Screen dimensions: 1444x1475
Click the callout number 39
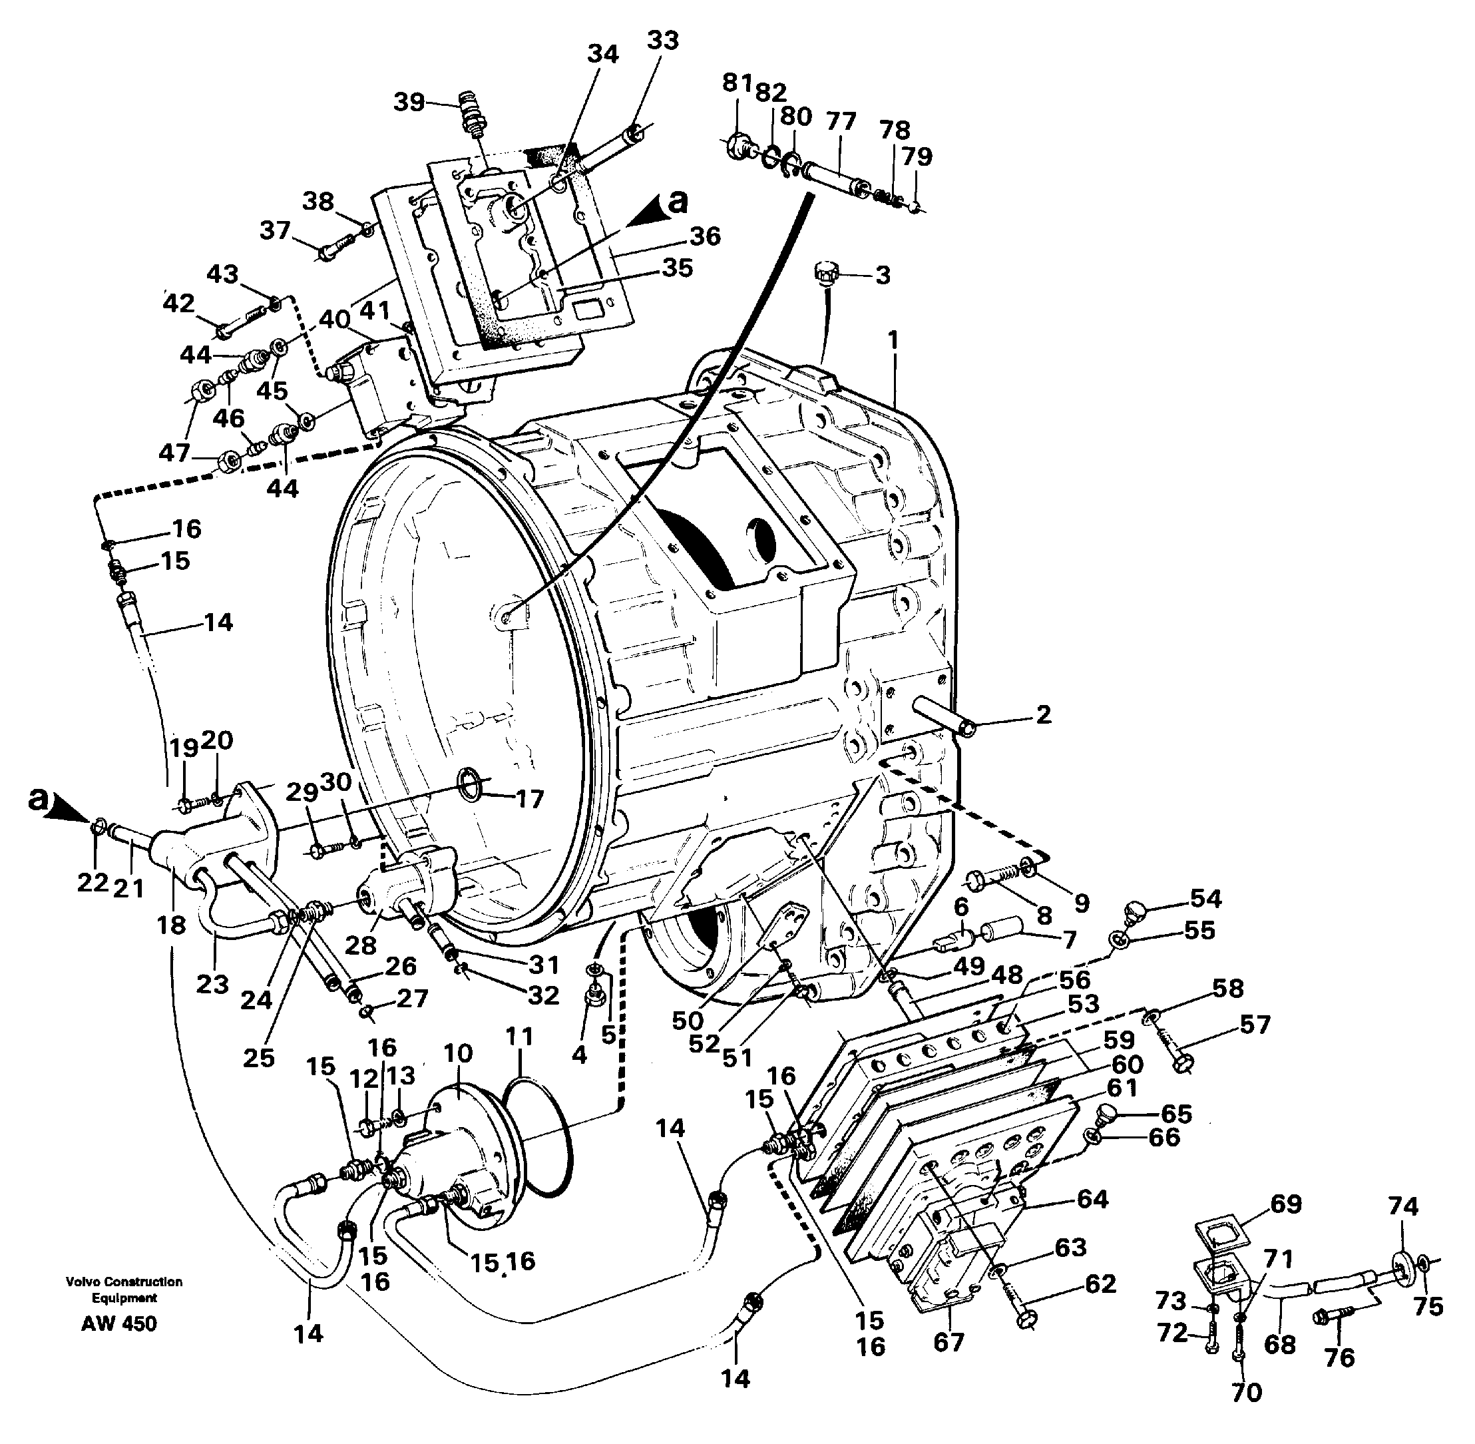click(x=409, y=102)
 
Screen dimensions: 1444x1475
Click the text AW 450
click(x=119, y=1324)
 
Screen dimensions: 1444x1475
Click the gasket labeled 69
click(x=1218, y=1236)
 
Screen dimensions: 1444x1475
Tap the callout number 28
click(x=360, y=945)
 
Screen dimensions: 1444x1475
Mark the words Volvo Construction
click(x=124, y=1282)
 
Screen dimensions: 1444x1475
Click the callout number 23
click(x=212, y=985)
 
